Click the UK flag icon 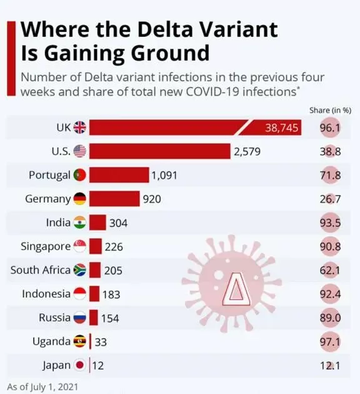pyautogui.click(x=79, y=128)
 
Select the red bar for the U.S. pyautogui.click(x=160, y=151)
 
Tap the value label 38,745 pyautogui.click(x=282, y=128)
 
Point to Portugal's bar pyautogui.click(x=119, y=175)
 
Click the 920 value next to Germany pyautogui.click(x=152, y=199)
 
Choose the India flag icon pyautogui.click(x=79, y=223)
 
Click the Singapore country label pyautogui.click(x=46, y=246)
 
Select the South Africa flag pyautogui.click(x=79, y=270)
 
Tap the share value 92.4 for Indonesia pyautogui.click(x=330, y=294)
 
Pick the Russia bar pyautogui.click(x=93, y=318)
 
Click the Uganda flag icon pyautogui.click(x=79, y=341)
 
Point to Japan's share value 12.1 pyautogui.click(x=330, y=366)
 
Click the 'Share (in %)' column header pyautogui.click(x=330, y=110)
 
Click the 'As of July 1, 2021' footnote pyautogui.click(x=42, y=387)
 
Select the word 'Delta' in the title pyautogui.click(x=164, y=29)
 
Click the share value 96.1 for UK pyautogui.click(x=330, y=128)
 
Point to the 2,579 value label pyautogui.click(x=247, y=151)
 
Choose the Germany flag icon pyautogui.click(x=79, y=198)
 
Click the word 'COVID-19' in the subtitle pyautogui.click(x=212, y=91)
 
